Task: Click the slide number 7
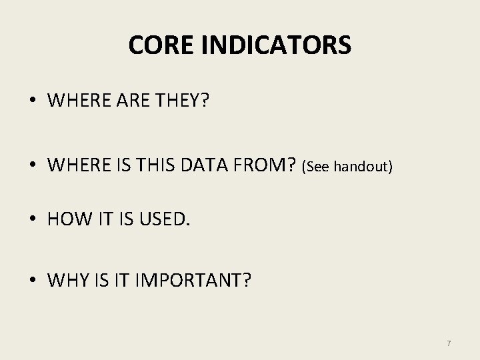coord(449,343)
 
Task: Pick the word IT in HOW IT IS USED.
coord(99,219)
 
